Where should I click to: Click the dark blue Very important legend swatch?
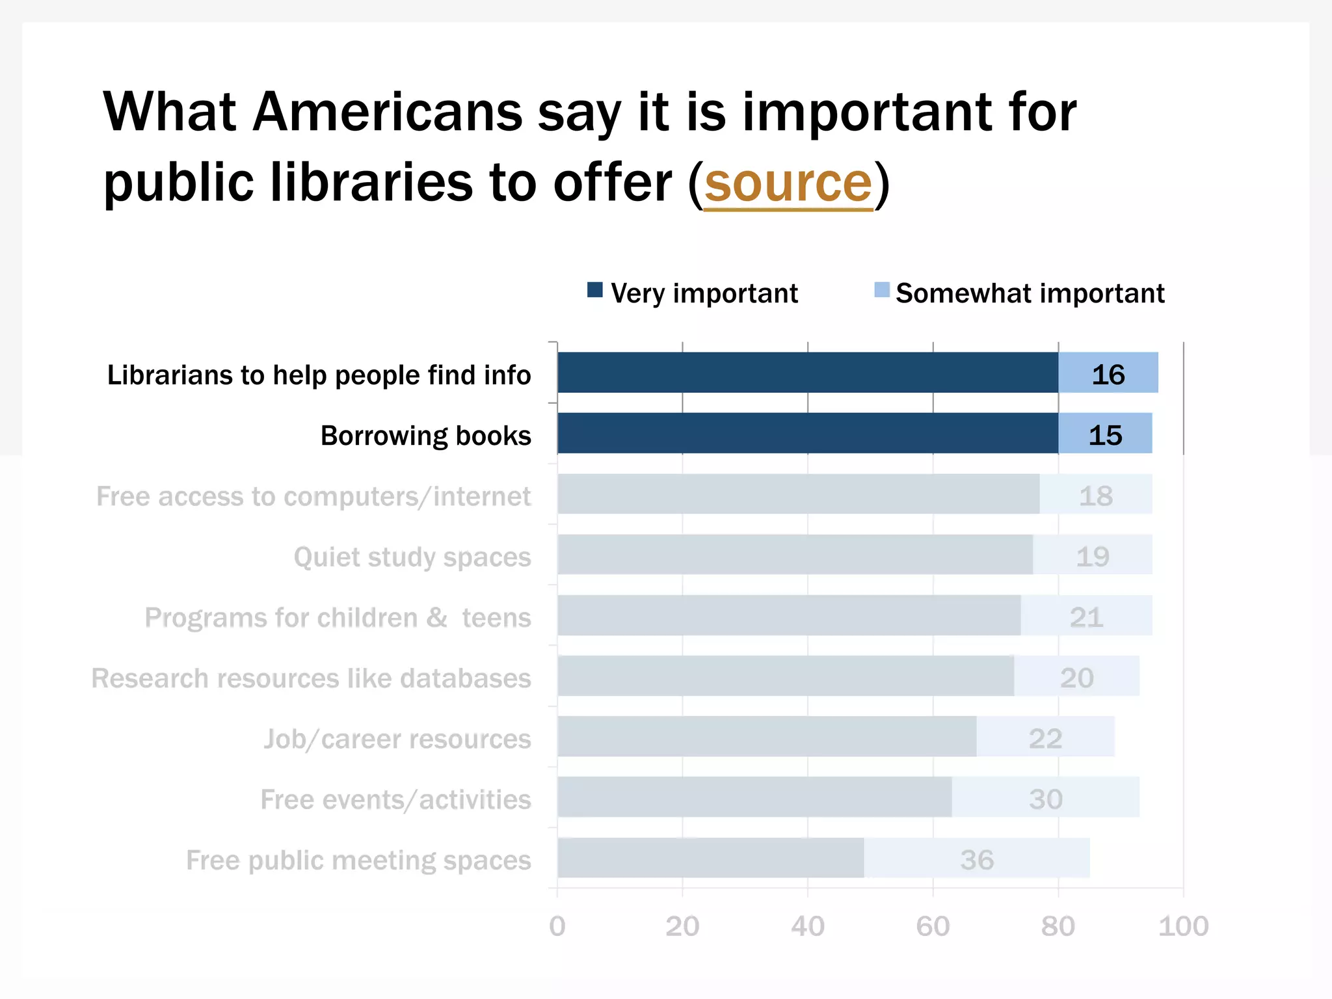(x=594, y=290)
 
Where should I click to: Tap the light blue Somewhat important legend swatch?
(x=881, y=290)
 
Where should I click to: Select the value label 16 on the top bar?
(x=1108, y=375)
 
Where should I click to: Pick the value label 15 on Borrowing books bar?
(x=1105, y=435)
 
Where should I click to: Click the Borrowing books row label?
(x=426, y=436)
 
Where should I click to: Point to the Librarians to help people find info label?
(x=319, y=375)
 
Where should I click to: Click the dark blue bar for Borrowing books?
(x=806, y=433)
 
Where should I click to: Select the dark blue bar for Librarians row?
(x=806, y=373)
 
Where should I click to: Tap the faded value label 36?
(x=977, y=860)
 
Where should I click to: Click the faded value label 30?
(x=1045, y=799)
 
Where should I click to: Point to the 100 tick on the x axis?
(x=1183, y=926)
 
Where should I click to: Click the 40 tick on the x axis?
(x=807, y=926)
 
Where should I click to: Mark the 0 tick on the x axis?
(x=557, y=926)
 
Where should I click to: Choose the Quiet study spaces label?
(x=412, y=557)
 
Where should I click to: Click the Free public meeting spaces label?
(x=358, y=860)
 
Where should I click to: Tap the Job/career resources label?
(x=397, y=739)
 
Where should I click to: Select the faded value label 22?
(x=1045, y=739)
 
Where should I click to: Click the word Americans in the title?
(x=387, y=112)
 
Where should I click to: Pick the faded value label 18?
(x=1096, y=496)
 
